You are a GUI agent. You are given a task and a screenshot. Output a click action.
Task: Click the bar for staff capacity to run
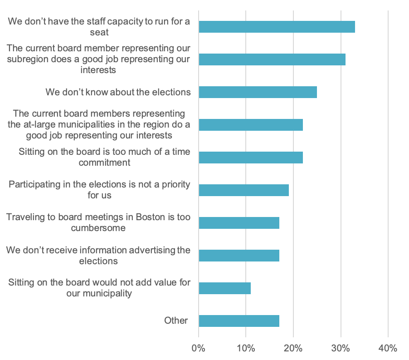tap(277, 27)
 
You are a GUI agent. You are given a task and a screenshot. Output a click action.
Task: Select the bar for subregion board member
tap(272, 59)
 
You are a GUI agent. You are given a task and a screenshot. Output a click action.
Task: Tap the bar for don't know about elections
tap(258, 92)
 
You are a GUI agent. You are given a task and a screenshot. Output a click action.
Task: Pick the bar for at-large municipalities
tap(251, 125)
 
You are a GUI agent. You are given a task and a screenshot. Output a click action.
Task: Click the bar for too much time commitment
tap(251, 158)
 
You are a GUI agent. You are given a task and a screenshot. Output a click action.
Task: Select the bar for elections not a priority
tap(243, 190)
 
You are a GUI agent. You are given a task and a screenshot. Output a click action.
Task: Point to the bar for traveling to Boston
tap(239, 223)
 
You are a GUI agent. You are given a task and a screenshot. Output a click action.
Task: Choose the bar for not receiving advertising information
tap(239, 256)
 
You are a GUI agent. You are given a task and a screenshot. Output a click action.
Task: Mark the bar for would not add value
tap(224, 288)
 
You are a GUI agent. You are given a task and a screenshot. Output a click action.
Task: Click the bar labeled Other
tap(239, 321)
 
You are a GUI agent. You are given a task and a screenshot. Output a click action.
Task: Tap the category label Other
tap(176, 321)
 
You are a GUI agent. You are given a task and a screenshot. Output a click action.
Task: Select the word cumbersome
tap(98, 228)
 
